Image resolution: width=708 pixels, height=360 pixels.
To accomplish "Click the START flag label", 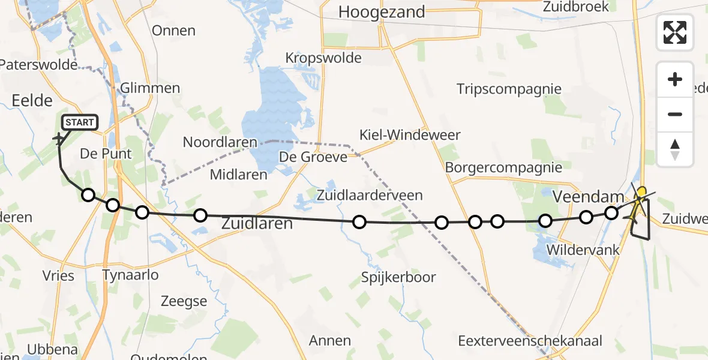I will [x=79, y=123].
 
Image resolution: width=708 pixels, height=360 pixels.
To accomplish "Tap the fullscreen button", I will [x=675, y=32].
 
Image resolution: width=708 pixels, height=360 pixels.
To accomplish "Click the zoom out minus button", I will [x=675, y=114].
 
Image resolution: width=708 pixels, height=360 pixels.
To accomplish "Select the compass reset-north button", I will [x=675, y=149].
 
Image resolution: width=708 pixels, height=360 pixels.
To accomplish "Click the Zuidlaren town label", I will [x=257, y=224].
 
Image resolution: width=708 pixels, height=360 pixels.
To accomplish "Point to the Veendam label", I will [x=580, y=196].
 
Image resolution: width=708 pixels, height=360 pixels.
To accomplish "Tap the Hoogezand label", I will [x=382, y=11].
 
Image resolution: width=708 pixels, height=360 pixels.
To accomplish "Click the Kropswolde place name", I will [x=323, y=58].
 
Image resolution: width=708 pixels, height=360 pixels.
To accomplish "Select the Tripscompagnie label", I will [x=509, y=89].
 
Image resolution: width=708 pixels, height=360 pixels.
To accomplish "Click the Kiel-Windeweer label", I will [x=410, y=134].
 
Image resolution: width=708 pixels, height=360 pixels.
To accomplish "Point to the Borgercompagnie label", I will [x=503, y=167].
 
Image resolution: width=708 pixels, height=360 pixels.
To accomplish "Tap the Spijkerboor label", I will [x=398, y=277].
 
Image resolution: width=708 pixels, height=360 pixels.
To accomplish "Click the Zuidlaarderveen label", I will [x=370, y=195].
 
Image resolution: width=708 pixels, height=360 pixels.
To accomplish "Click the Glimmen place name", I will [x=150, y=88].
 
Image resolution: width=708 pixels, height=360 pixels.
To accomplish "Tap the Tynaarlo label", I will [x=131, y=275].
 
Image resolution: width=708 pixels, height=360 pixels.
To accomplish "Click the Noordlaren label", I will [x=220, y=143].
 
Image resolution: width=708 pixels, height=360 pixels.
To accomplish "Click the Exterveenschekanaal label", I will [x=530, y=341].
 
